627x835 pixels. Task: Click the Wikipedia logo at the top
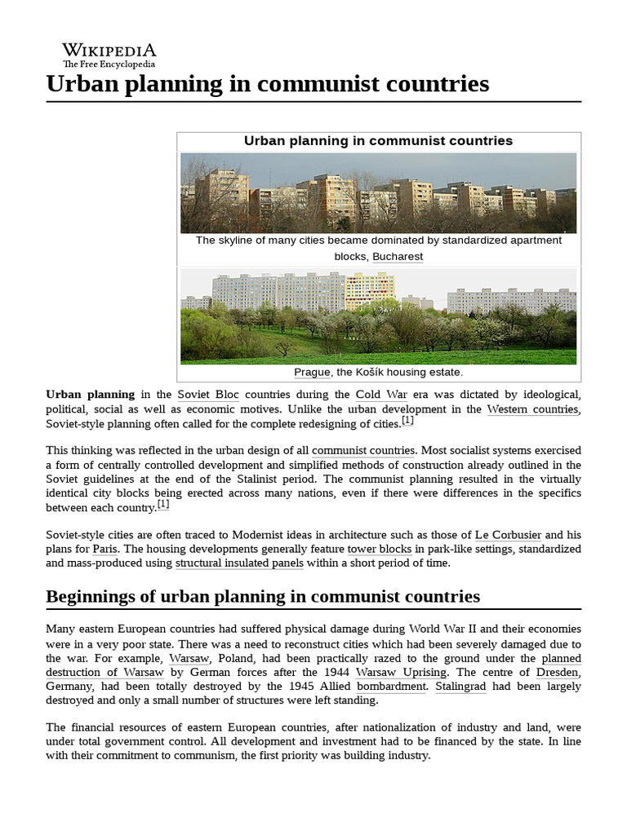tap(109, 55)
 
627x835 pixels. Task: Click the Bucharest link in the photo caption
tap(398, 256)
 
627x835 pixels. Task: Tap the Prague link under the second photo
tap(312, 372)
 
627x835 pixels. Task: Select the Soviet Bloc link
tap(208, 394)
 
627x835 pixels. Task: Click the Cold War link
tap(381, 394)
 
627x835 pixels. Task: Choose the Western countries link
tap(533, 409)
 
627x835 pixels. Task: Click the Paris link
tap(104, 549)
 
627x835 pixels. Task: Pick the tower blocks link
tap(380, 549)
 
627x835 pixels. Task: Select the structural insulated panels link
tap(239, 563)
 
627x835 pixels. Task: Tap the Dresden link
tap(558, 672)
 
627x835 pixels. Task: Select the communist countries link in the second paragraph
tap(363, 449)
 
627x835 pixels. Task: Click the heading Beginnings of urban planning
tap(263, 596)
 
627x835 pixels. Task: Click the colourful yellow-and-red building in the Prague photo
tap(370, 291)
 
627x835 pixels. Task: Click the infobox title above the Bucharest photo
tap(378, 140)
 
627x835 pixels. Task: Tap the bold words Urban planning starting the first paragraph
tap(90, 394)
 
